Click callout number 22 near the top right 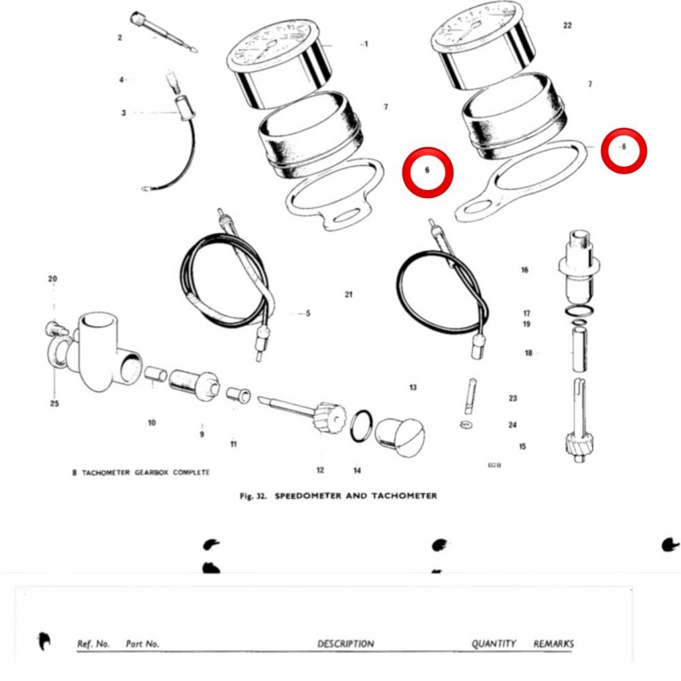point(567,25)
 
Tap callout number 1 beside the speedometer point(366,44)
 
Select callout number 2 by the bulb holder point(120,37)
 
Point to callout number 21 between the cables point(349,294)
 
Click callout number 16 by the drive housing point(524,270)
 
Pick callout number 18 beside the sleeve point(528,353)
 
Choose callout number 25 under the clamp point(54,403)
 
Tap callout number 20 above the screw point(52,279)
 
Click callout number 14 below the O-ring point(357,470)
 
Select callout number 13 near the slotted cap point(413,387)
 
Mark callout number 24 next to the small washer point(512,425)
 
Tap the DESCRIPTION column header point(345,644)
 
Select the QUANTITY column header point(494,644)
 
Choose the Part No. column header point(142,644)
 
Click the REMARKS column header point(553,644)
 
